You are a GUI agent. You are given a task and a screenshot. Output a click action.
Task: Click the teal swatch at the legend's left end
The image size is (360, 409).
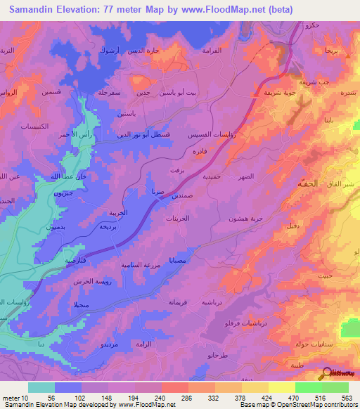click(x=41, y=387)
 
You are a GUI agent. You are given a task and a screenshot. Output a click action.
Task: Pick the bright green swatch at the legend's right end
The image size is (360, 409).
click(x=335, y=387)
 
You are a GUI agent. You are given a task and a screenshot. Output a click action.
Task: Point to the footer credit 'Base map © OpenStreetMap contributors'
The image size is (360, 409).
click(x=297, y=405)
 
